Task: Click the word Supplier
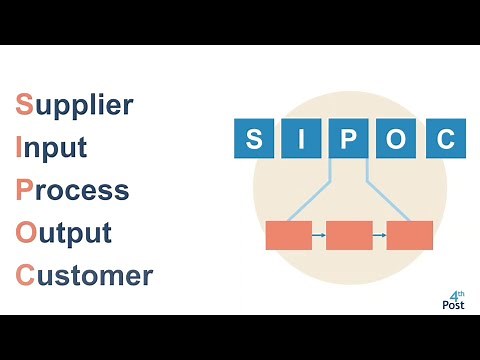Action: click(x=74, y=104)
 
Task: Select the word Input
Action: click(x=51, y=147)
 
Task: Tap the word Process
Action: click(x=72, y=190)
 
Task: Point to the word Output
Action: click(x=63, y=233)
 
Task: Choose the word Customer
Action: click(x=84, y=275)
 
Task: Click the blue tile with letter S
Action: click(x=254, y=139)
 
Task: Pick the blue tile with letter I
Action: click(x=302, y=139)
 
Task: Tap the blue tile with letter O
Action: click(x=397, y=139)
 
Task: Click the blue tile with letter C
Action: click(x=445, y=139)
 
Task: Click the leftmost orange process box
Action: click(x=289, y=235)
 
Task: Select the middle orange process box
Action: click(x=349, y=235)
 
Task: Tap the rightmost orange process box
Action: click(x=410, y=235)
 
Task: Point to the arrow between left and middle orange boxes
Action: click(x=319, y=235)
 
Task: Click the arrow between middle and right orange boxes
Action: click(x=380, y=235)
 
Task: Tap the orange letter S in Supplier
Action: click(x=23, y=104)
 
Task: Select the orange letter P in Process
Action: click(x=24, y=190)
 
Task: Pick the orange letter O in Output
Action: click(x=25, y=233)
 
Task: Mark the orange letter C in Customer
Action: click(x=25, y=275)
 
